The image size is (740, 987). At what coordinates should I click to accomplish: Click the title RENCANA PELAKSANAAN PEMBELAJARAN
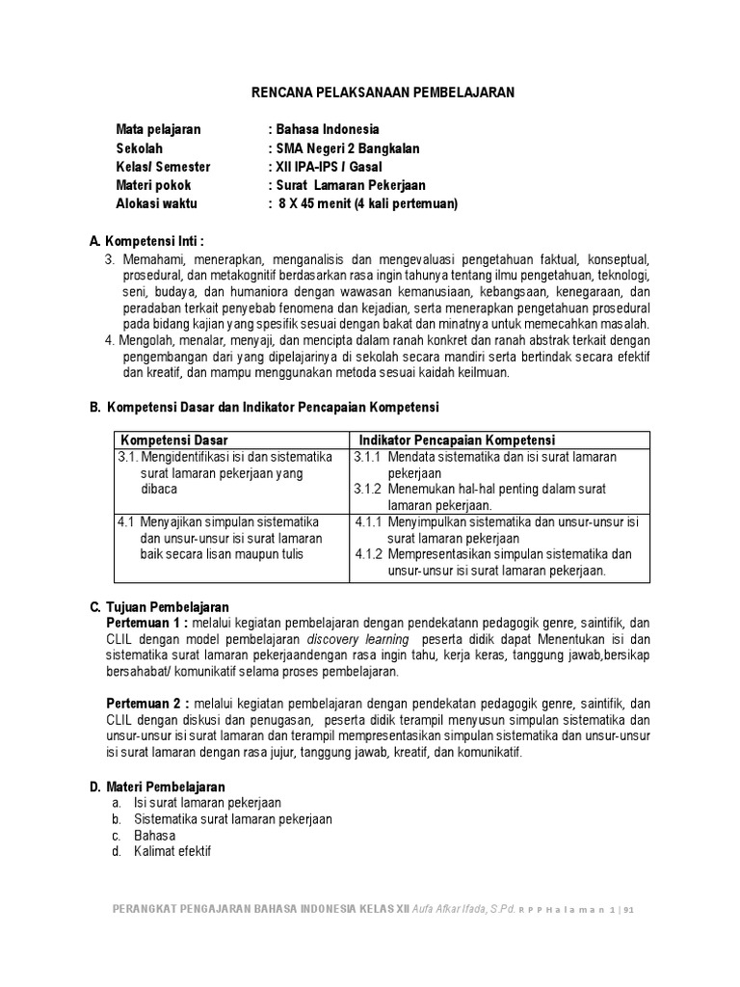(383, 93)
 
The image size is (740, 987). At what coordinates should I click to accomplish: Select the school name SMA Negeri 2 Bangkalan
(348, 148)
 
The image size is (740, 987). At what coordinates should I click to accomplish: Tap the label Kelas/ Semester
(163, 167)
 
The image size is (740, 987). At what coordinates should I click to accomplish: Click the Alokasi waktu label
(158, 203)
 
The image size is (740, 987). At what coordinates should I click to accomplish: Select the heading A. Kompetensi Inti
(146, 240)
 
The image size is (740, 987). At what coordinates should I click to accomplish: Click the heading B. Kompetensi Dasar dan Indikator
(264, 407)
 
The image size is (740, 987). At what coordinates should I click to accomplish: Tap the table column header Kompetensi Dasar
(174, 440)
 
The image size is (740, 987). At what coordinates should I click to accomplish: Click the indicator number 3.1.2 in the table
(368, 489)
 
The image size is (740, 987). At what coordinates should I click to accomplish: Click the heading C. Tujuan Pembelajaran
(159, 607)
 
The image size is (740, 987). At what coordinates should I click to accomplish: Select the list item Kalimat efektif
(172, 852)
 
